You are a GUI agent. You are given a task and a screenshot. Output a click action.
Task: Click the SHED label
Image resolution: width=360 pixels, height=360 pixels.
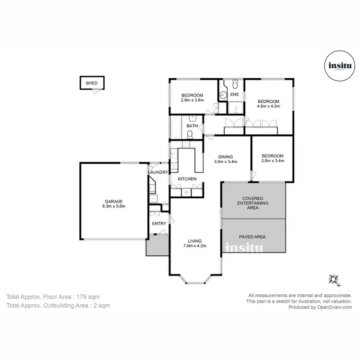coord(91,83)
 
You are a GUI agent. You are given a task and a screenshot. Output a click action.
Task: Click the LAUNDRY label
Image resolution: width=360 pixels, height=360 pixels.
coord(158,172)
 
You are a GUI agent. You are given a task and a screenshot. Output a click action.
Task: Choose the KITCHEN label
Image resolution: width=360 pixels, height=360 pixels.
coord(187,179)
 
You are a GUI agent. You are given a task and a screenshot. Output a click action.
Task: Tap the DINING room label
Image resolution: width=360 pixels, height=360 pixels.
coord(225,156)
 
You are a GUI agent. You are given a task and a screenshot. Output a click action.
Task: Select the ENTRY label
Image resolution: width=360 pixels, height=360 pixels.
coord(159,224)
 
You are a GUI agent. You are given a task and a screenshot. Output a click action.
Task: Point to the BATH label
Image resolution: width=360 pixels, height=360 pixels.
coord(192,126)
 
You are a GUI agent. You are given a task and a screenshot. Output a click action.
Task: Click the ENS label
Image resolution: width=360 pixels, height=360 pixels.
coord(234,95)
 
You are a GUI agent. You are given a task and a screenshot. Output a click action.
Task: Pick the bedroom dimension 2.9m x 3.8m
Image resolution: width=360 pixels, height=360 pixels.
coord(192,100)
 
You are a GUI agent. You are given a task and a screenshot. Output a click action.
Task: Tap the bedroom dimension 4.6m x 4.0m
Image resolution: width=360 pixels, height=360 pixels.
coord(268,106)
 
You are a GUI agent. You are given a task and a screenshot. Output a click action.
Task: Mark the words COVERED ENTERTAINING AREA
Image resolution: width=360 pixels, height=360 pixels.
coord(252,203)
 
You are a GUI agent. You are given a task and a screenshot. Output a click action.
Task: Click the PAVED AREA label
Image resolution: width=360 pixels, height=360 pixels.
coord(252,237)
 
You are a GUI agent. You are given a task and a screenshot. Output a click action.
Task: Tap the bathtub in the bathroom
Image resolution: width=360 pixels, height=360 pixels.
coord(176,127)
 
